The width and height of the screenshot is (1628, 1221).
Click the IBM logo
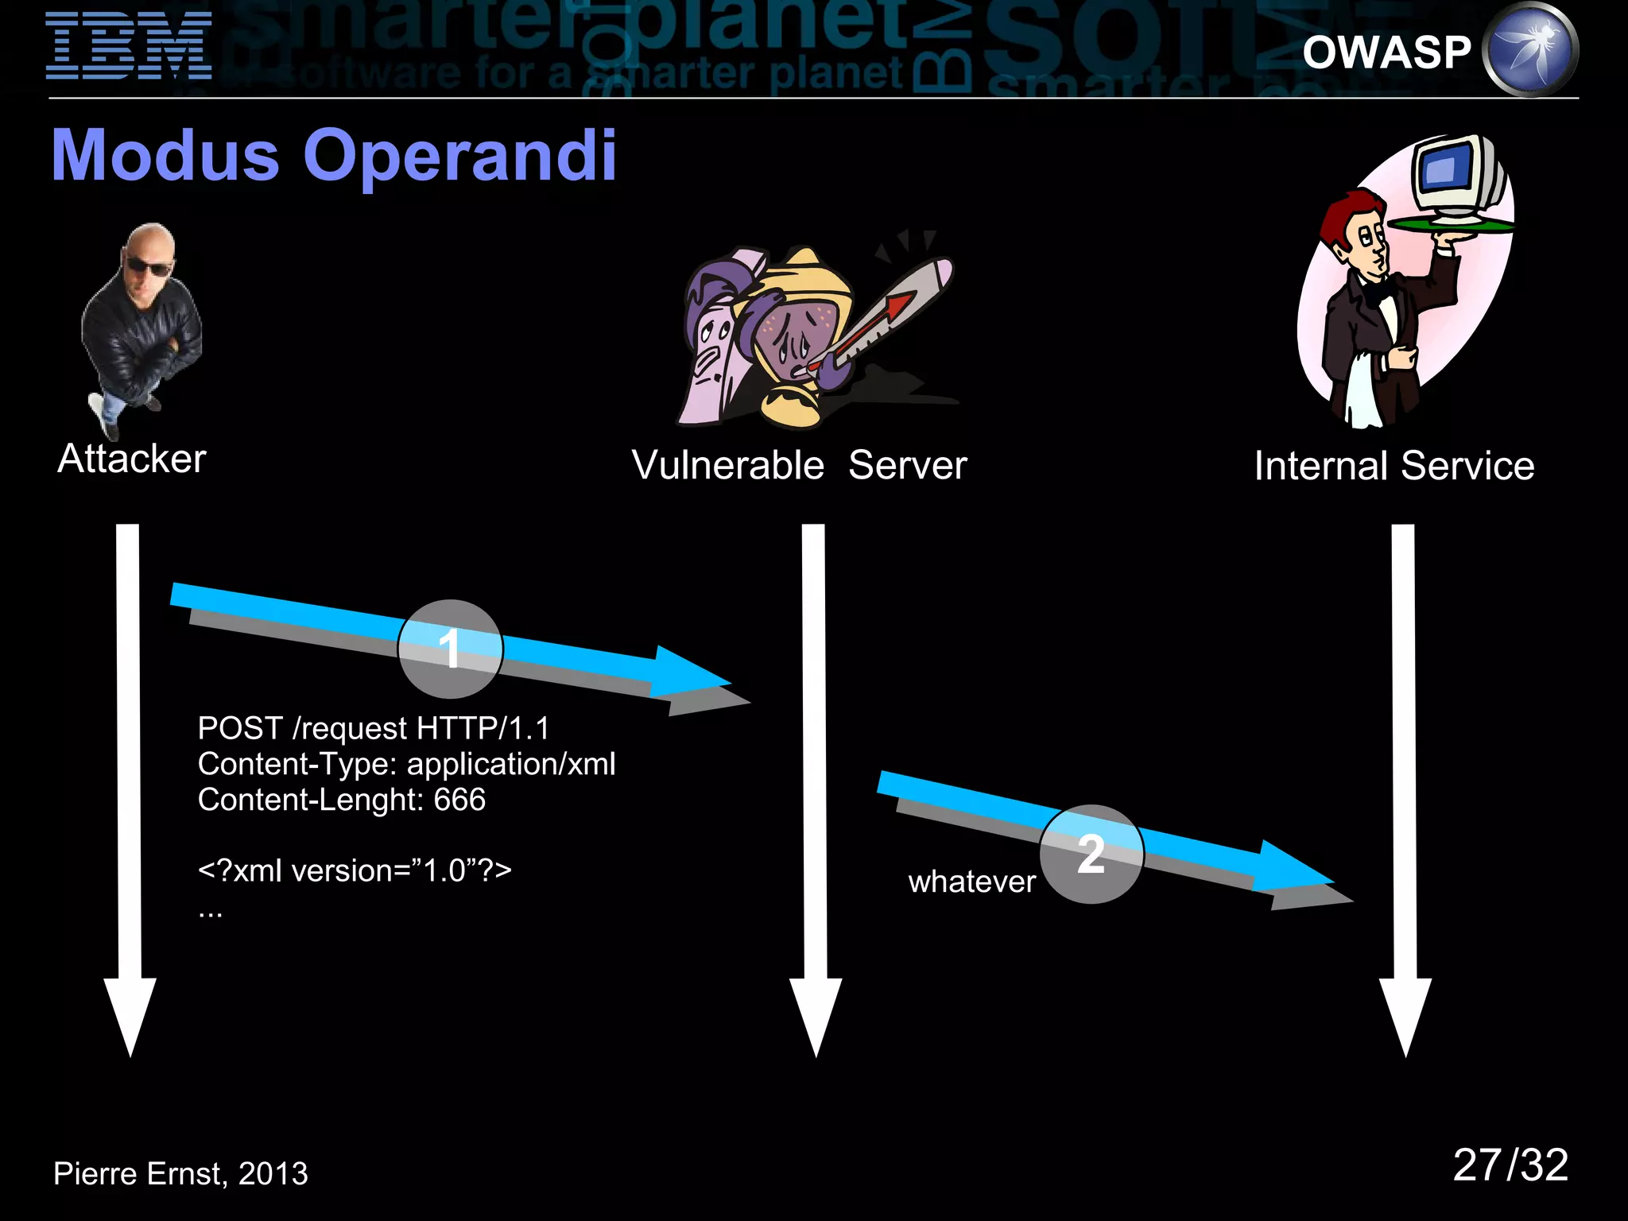[x=129, y=46]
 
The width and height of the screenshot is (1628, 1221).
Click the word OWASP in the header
[x=1386, y=52]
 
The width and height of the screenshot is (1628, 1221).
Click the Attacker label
[x=132, y=459]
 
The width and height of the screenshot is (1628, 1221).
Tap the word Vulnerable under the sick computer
[x=727, y=465]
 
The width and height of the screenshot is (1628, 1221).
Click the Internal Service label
[x=1393, y=466]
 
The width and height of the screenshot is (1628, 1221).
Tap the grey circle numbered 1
[x=450, y=649]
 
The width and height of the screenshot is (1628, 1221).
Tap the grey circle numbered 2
[x=1091, y=854]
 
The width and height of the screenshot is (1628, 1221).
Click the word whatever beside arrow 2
[x=971, y=882]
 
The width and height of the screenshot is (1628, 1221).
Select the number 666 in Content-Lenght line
[x=459, y=800]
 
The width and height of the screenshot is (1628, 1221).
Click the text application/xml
[x=510, y=764]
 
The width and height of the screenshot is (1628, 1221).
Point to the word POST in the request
[x=240, y=728]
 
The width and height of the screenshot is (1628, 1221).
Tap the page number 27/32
[x=1510, y=1165]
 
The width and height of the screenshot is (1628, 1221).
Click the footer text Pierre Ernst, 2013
[x=180, y=1173]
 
